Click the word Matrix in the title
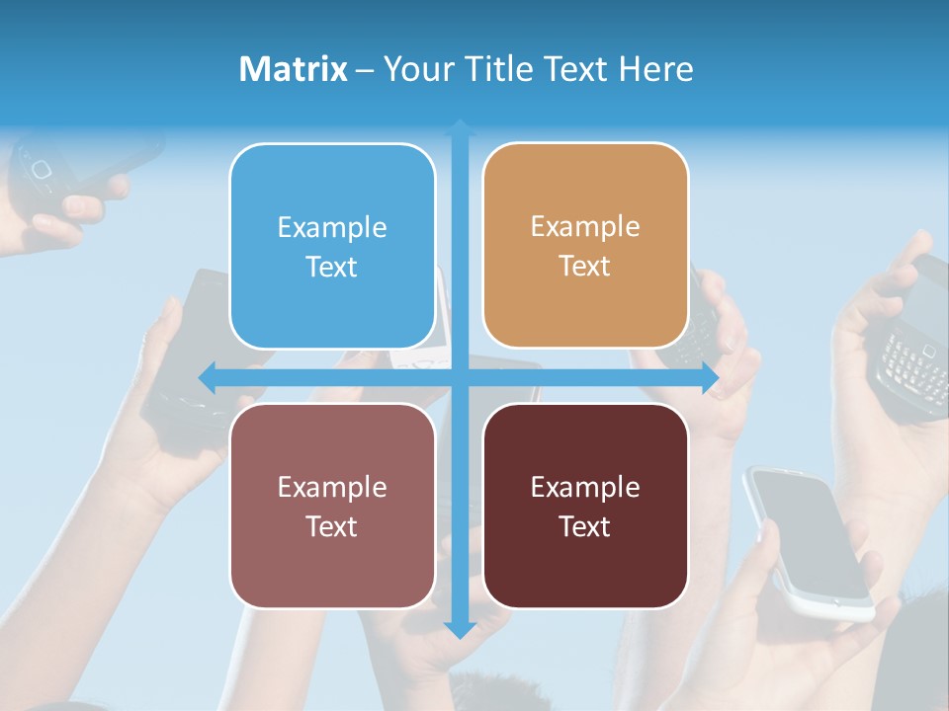(294, 69)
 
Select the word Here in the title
(656, 69)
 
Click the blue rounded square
(332, 246)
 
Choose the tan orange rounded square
(585, 246)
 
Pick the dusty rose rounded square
(332, 506)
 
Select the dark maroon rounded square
(585, 506)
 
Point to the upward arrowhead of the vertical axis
(460, 127)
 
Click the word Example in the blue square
(332, 228)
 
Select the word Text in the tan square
(585, 267)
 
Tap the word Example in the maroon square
(585, 487)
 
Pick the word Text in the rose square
(332, 526)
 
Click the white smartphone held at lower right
(809, 539)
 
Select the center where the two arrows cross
(460, 377)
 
